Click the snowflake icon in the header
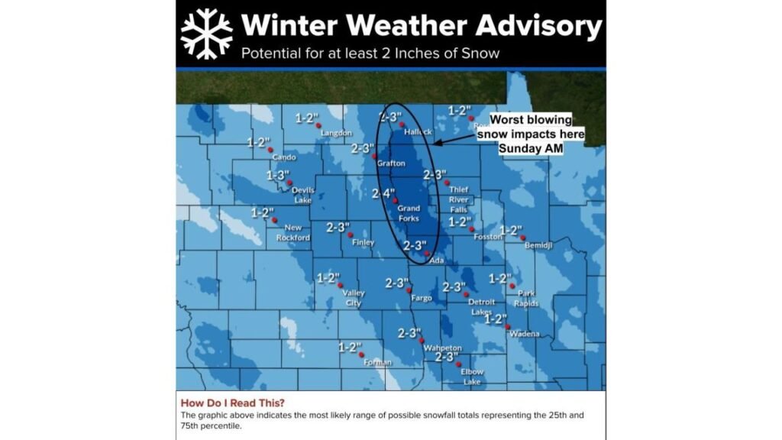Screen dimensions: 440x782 pos(206,34)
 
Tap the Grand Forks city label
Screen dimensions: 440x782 pos(409,213)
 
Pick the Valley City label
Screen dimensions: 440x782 pos(354,298)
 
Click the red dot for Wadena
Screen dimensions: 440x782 pos(509,327)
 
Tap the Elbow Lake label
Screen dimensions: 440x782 pos(472,377)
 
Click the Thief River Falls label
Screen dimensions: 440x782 pos(459,199)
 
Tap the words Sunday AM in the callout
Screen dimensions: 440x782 pos(530,148)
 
